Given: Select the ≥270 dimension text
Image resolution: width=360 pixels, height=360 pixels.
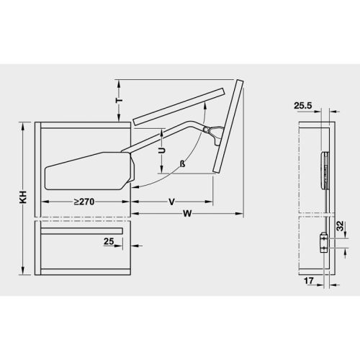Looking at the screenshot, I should pyautogui.click(x=86, y=202).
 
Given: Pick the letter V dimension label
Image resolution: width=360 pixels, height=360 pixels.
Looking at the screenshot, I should pyautogui.click(x=171, y=202).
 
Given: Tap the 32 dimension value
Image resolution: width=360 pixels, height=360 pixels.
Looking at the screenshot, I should pyautogui.click(x=339, y=228).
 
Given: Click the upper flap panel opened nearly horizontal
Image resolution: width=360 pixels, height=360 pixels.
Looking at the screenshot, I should pyautogui.click(x=184, y=104).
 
